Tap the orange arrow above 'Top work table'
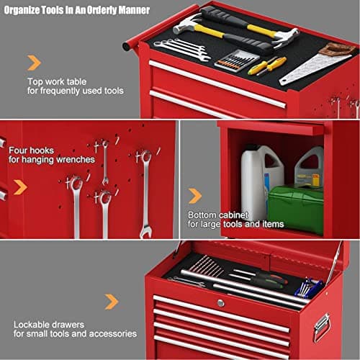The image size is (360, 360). click(34, 63)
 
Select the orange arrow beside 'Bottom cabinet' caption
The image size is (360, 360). click(195, 196)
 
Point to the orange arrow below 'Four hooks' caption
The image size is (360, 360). click(20, 187)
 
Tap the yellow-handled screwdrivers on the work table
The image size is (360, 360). click(267, 66)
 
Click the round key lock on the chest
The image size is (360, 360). click(220, 303)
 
